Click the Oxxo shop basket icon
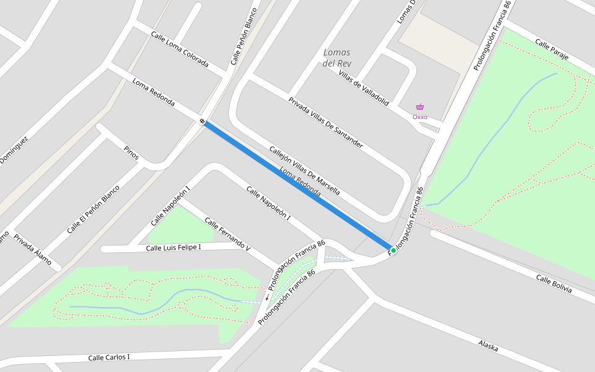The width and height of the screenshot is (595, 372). coord(420,107)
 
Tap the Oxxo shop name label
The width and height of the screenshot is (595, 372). coord(420,117)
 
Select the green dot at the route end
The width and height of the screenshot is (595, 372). coord(393,250)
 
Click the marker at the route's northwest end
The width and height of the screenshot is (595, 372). coord(203,122)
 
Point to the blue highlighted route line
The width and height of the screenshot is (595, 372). coord(297,186)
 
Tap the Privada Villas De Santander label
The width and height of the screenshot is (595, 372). coord(325,122)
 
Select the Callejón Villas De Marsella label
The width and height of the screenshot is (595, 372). coord(304,170)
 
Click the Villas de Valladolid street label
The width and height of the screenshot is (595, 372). coord(364,88)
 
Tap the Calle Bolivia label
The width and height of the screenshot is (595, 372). coord(554,285)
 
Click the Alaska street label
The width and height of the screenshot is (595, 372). coord(488,345)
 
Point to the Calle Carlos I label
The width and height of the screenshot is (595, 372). coord(108,358)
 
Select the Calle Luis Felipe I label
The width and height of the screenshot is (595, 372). coord(173,248)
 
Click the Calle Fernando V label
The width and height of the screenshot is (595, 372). coord(227,234)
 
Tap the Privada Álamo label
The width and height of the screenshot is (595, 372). coord(32,249)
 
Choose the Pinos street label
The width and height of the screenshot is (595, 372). coord(131,153)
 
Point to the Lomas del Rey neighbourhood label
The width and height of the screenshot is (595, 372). coord(337,58)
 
